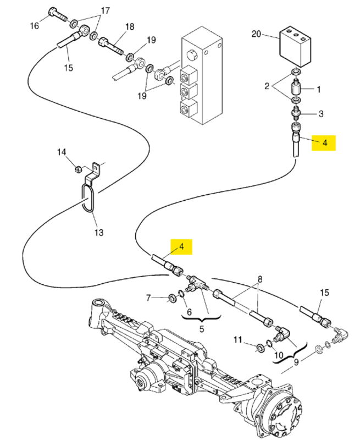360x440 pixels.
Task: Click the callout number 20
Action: click(x=256, y=34)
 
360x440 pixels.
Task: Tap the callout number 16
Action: click(x=35, y=26)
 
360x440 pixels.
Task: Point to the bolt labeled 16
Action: click(x=58, y=15)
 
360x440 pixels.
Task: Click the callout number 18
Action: click(x=130, y=26)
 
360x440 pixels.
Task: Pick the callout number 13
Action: click(x=99, y=233)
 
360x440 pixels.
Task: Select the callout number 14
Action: click(x=62, y=152)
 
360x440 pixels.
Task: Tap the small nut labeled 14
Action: click(x=79, y=169)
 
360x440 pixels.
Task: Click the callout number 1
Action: click(x=319, y=90)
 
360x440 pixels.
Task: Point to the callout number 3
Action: click(x=321, y=114)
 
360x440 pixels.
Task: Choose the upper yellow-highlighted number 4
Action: click(x=325, y=143)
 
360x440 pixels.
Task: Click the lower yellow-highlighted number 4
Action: click(x=182, y=246)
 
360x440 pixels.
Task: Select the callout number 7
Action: click(x=148, y=298)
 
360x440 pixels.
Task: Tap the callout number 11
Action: click(x=238, y=340)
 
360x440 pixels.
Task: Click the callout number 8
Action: click(x=260, y=279)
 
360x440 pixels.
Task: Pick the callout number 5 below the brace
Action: click(x=202, y=328)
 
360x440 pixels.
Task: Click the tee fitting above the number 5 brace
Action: click(x=198, y=285)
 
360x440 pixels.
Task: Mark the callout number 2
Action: click(x=267, y=86)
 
